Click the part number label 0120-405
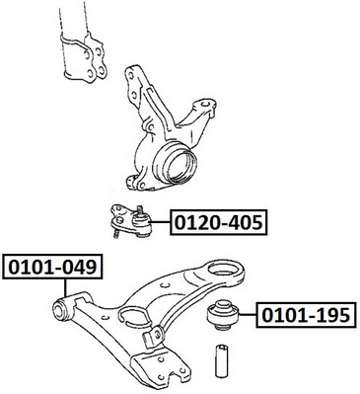point(219,222)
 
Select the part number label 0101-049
point(52,267)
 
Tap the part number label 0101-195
point(306,315)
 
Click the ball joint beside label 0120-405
point(131,221)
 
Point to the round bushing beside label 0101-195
point(224,315)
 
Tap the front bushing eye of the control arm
point(60,308)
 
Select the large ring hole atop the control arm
point(226,272)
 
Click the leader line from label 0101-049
point(66,288)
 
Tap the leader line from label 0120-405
point(161,222)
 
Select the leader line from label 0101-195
point(249,315)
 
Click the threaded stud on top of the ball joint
point(140,209)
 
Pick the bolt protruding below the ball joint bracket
point(116,233)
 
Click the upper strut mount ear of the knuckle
point(132,83)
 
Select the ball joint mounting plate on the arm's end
point(161,367)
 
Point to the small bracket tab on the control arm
point(152,336)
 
